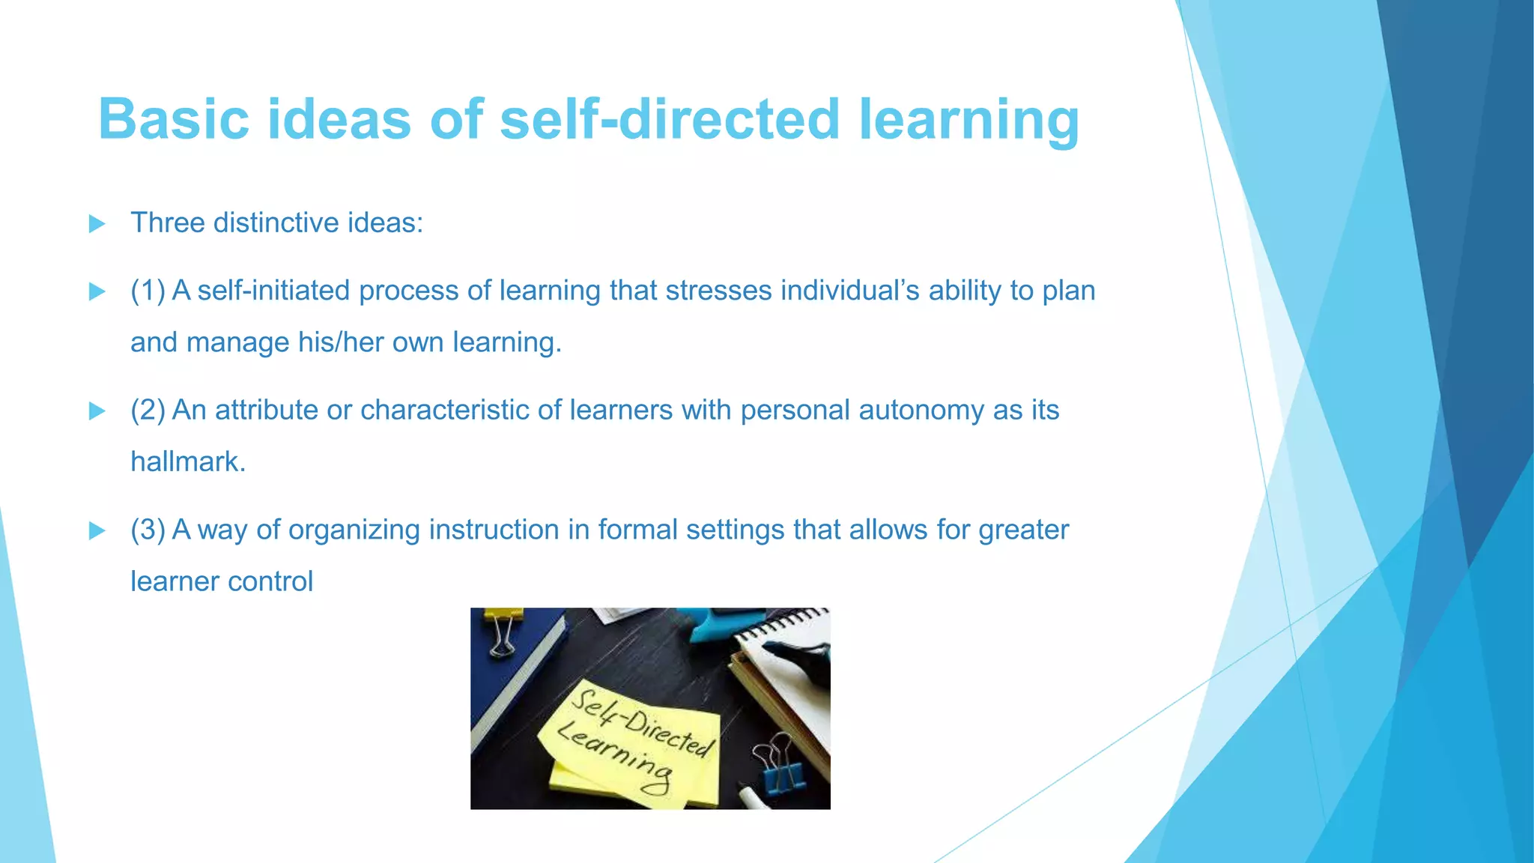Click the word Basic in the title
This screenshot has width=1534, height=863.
173,119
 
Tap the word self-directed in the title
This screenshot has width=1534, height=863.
670,119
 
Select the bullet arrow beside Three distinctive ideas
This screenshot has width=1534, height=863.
97,223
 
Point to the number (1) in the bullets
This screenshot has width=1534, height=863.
148,291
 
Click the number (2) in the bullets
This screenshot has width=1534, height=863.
148,411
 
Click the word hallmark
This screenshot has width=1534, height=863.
187,462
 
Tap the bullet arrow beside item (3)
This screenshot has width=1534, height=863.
97,530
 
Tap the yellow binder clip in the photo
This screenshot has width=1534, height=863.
503,629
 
